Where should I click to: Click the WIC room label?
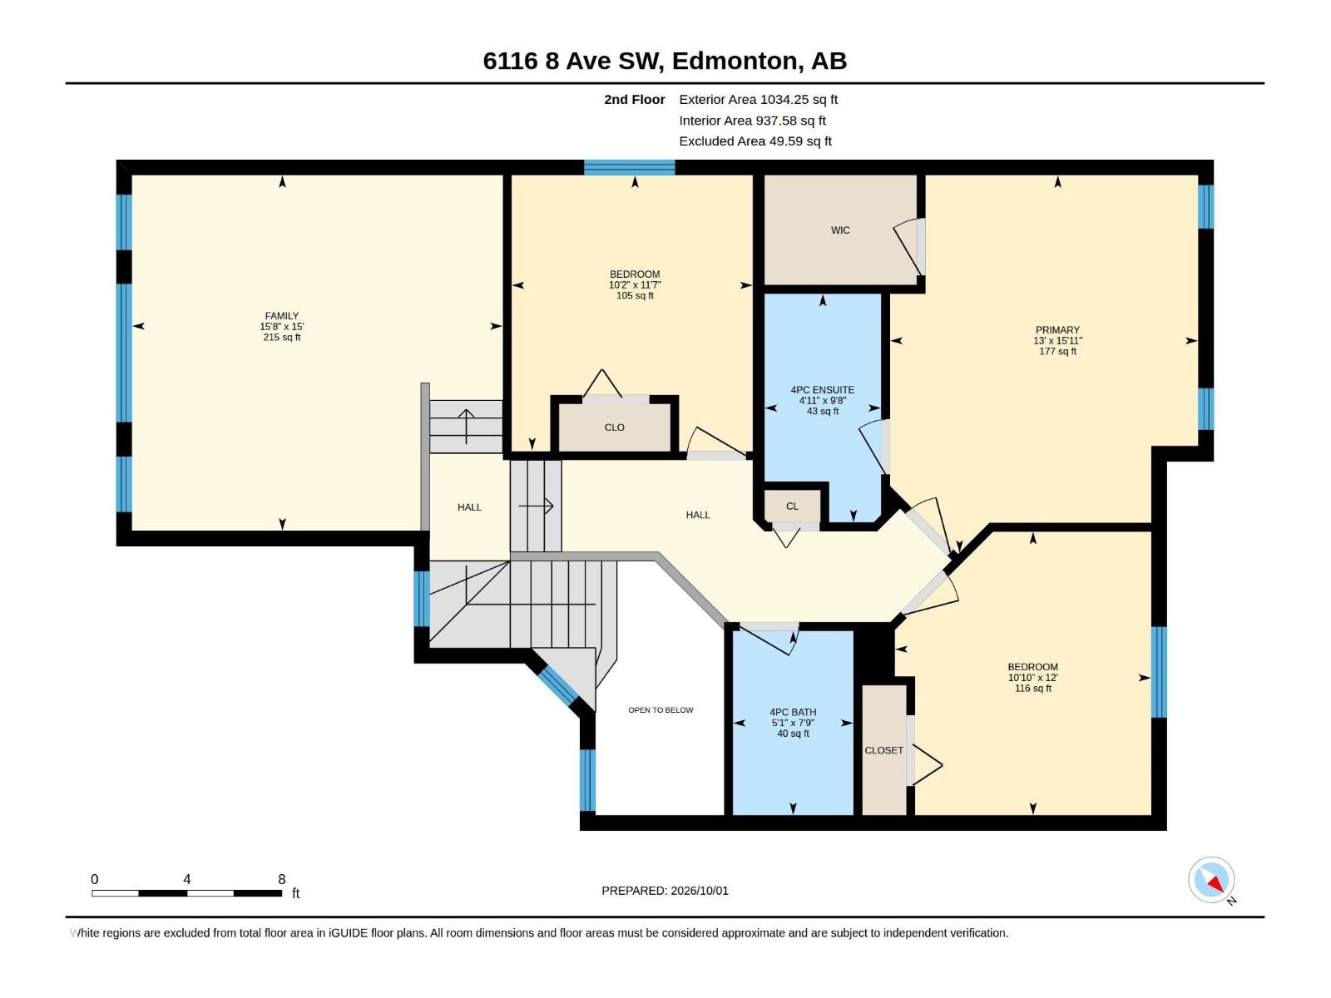tap(840, 230)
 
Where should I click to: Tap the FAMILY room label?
tap(282, 316)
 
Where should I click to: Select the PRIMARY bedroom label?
tap(1057, 330)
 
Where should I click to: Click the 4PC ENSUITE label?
tap(822, 390)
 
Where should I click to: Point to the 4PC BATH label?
tap(793, 713)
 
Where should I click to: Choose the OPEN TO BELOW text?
tap(661, 710)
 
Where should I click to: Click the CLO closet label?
tap(614, 427)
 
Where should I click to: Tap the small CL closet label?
tap(792, 506)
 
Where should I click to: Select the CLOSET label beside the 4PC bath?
tap(883, 751)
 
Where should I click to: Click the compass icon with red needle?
tap(1211, 880)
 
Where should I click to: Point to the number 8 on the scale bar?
tap(281, 879)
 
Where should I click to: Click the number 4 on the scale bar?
tap(187, 879)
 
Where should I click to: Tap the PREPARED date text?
tap(665, 891)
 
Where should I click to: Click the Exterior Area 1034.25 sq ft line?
tap(758, 99)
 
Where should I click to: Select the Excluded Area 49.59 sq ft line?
tap(755, 141)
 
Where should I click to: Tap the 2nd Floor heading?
tap(634, 99)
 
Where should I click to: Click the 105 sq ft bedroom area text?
tap(635, 296)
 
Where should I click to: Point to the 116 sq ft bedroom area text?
tap(1032, 689)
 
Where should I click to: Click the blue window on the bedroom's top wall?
tap(630, 167)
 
